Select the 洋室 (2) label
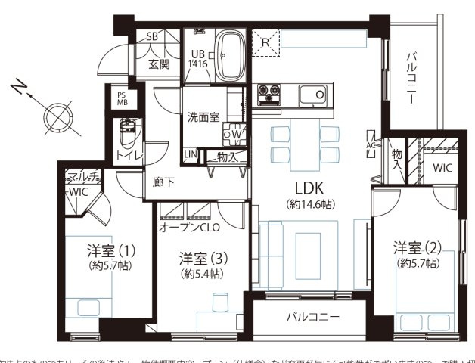417,247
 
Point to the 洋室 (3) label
203,258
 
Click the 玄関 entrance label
158,64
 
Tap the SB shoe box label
151,37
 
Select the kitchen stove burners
270,95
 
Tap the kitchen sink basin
311,96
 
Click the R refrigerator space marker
265,42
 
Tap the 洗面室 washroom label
203,117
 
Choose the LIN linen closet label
189,156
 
